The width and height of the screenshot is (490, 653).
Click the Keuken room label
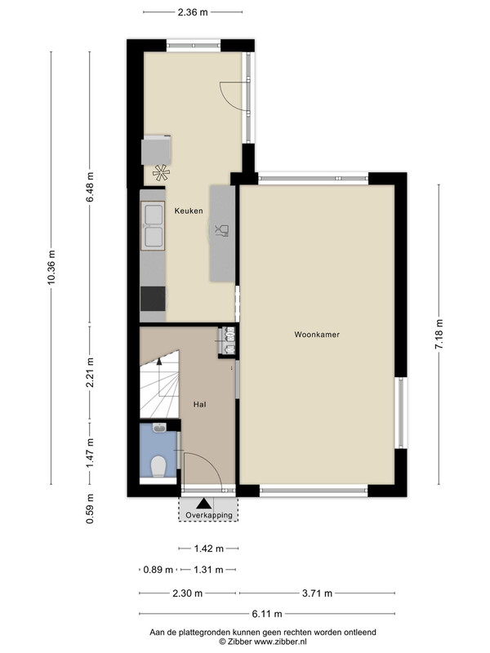[x=189, y=211]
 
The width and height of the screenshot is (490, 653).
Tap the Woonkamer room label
[x=317, y=335]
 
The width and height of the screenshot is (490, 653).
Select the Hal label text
[x=199, y=404]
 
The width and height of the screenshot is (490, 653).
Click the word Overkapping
[x=209, y=515]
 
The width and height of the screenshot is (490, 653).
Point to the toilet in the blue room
[x=158, y=467]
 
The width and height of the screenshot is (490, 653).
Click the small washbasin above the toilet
[x=159, y=428]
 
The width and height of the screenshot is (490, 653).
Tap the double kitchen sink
[x=153, y=225]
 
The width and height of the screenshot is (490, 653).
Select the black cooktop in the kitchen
[x=153, y=299]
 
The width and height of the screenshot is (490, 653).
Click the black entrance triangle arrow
[x=203, y=504]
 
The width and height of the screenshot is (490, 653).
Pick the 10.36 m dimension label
[x=51, y=268]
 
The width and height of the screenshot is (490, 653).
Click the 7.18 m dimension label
[x=439, y=335]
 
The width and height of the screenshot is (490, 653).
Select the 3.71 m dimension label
[x=317, y=593]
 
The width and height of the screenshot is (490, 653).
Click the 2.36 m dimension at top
[x=193, y=12]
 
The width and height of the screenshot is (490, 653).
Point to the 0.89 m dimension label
[x=158, y=569]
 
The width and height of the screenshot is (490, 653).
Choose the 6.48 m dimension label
[x=90, y=187]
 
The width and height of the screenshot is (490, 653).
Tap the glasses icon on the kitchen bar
[x=221, y=230]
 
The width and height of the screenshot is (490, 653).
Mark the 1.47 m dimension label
[x=90, y=453]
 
